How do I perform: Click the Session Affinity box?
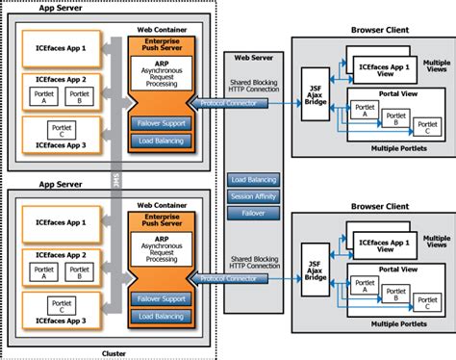coord(255,196)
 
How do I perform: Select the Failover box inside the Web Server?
coord(255,213)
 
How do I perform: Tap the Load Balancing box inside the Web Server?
coord(255,180)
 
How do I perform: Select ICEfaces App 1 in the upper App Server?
coord(59,46)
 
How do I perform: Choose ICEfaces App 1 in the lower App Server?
coord(59,221)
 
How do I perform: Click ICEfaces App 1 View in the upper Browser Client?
coord(387,69)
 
